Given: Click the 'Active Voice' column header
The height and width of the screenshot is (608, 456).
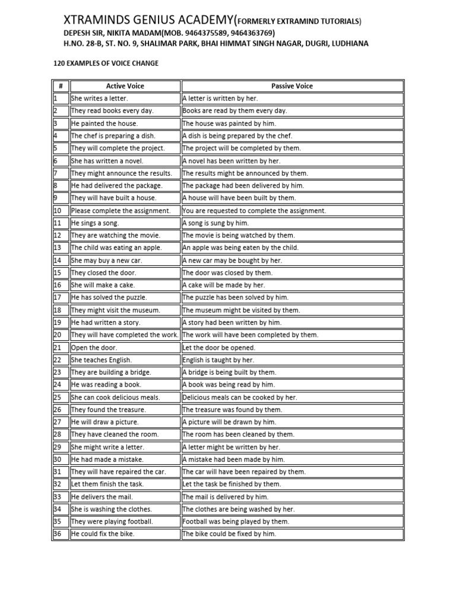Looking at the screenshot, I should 125,86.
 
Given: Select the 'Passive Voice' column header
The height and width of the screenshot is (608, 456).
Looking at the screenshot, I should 292,86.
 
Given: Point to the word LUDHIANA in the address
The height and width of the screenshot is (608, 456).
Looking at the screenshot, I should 346,43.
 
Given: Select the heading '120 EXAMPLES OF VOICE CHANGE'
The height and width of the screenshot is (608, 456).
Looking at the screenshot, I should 106,63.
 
